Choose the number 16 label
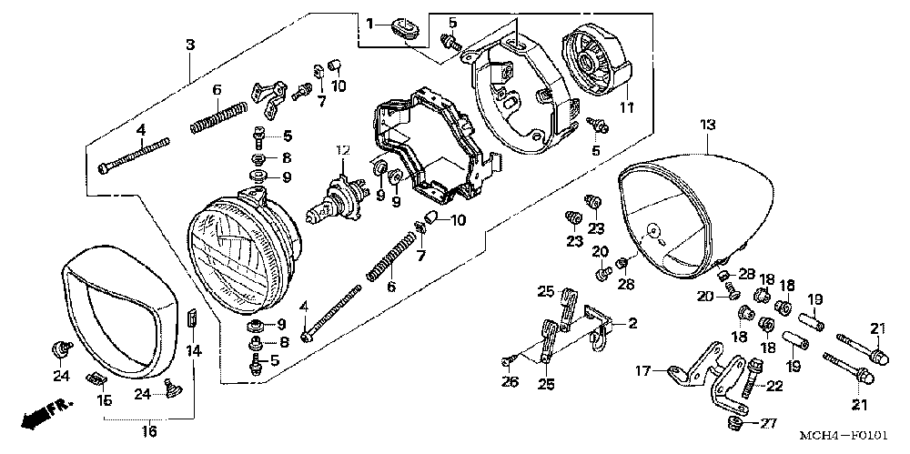(150, 429)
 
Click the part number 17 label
(642, 370)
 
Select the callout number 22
(775, 387)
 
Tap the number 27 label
(769, 423)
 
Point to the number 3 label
(189, 45)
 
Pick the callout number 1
(370, 23)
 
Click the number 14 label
(193, 350)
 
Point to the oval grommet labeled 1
(406, 27)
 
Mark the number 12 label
(341, 149)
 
